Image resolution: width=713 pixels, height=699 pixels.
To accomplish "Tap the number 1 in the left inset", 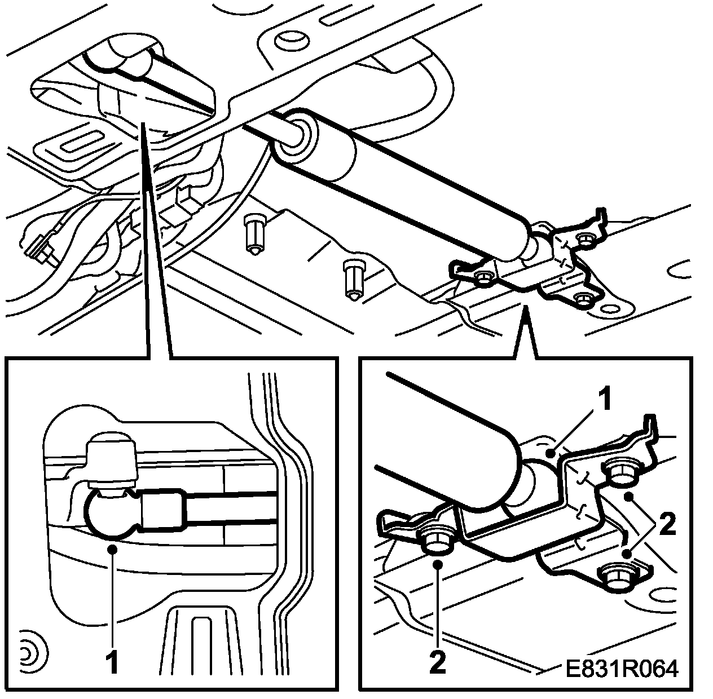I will (x=113, y=662).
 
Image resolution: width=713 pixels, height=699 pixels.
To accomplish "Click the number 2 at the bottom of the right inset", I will (x=438, y=662).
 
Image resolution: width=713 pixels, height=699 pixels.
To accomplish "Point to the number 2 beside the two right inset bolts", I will (x=666, y=525).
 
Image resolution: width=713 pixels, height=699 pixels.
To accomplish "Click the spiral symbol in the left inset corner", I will (x=28, y=652).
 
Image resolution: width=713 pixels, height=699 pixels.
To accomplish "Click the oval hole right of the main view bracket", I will (x=610, y=309).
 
